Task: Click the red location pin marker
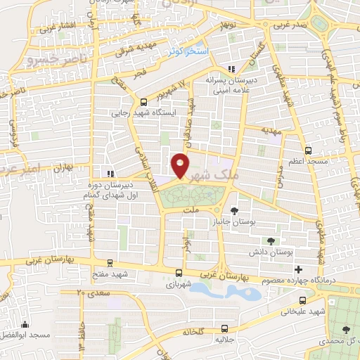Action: (x=180, y=165)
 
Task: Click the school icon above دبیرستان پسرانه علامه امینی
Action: (x=231, y=69)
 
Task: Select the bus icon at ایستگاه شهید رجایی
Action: (x=143, y=101)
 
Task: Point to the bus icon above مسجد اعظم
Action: (x=309, y=150)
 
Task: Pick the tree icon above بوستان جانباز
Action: (x=233, y=210)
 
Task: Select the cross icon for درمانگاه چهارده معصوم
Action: (x=298, y=269)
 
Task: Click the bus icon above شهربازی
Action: (x=179, y=272)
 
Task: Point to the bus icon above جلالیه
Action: (x=224, y=328)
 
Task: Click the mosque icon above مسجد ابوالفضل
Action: (x=25, y=325)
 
